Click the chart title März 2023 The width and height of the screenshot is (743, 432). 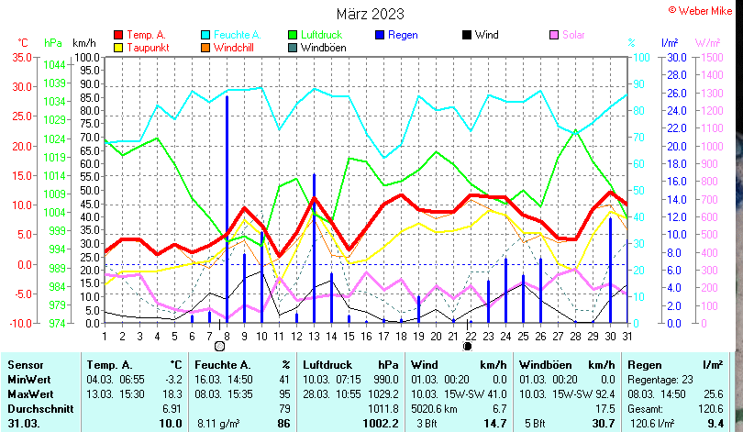click(x=370, y=14)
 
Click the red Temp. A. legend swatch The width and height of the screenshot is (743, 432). click(x=117, y=35)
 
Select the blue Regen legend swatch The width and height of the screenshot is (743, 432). click(x=379, y=35)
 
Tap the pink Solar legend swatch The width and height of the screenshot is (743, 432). click(x=553, y=35)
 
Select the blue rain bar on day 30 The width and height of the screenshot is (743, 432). click(x=610, y=271)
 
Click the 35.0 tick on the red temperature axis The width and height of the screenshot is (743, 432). click(x=20, y=57)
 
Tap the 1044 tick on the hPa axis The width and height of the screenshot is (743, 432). click(x=54, y=65)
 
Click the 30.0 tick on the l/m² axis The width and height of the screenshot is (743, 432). click(x=676, y=57)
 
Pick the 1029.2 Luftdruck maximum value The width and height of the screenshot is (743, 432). click(x=382, y=393)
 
